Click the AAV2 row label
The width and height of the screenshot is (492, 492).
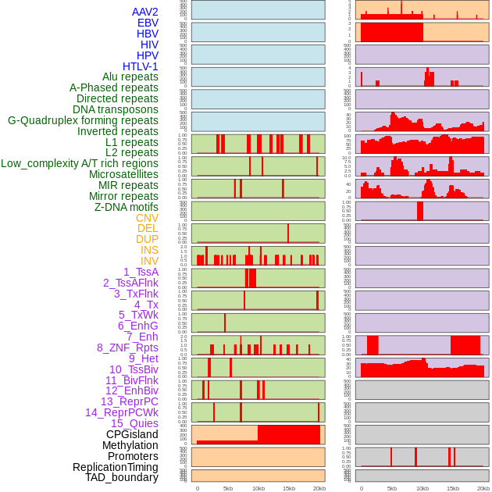point(144,12)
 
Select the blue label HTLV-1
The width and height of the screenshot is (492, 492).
point(140,66)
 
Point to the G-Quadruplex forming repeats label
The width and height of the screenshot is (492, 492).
point(83,121)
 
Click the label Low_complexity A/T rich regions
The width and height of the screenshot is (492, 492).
point(80,163)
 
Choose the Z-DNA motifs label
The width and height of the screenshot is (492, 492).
point(126,207)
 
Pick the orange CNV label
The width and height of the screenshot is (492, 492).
point(147,218)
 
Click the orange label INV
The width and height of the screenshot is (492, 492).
point(149,261)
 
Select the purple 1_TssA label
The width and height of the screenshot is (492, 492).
point(141,272)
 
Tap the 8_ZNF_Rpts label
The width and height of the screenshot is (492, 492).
point(127,348)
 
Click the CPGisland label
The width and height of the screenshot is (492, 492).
point(132,434)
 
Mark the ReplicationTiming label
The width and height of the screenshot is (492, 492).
point(115,467)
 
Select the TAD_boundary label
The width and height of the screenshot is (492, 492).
point(122,477)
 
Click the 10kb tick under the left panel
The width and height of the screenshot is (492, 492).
point(258,488)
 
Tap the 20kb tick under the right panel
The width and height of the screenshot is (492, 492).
point(483,488)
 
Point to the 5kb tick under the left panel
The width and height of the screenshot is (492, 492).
point(227,488)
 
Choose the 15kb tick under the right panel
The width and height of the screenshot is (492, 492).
point(453,488)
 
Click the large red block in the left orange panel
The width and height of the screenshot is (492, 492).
point(288,434)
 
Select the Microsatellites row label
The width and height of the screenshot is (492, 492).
point(123,174)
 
